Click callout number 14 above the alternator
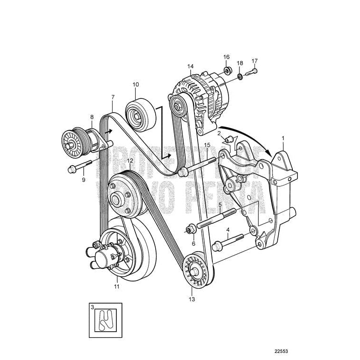point(190,67)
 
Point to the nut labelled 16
point(228,71)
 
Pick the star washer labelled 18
point(240,76)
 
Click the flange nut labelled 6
point(191,230)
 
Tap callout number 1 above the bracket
point(283,138)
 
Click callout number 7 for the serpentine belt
point(113,97)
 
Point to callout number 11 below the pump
point(116,286)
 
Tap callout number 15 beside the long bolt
point(207,145)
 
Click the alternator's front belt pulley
point(179,105)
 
